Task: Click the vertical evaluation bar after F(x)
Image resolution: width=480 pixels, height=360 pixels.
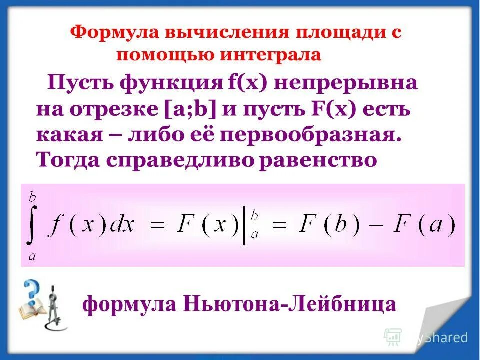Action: coord(244,227)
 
